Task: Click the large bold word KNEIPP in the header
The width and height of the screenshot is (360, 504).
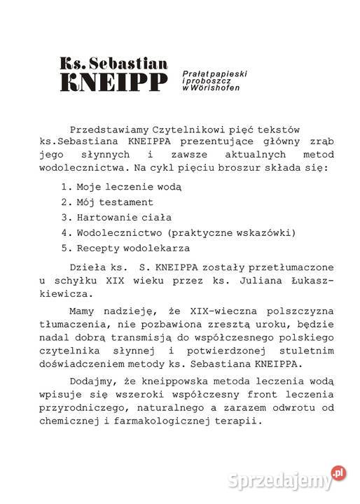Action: (x=114, y=82)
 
